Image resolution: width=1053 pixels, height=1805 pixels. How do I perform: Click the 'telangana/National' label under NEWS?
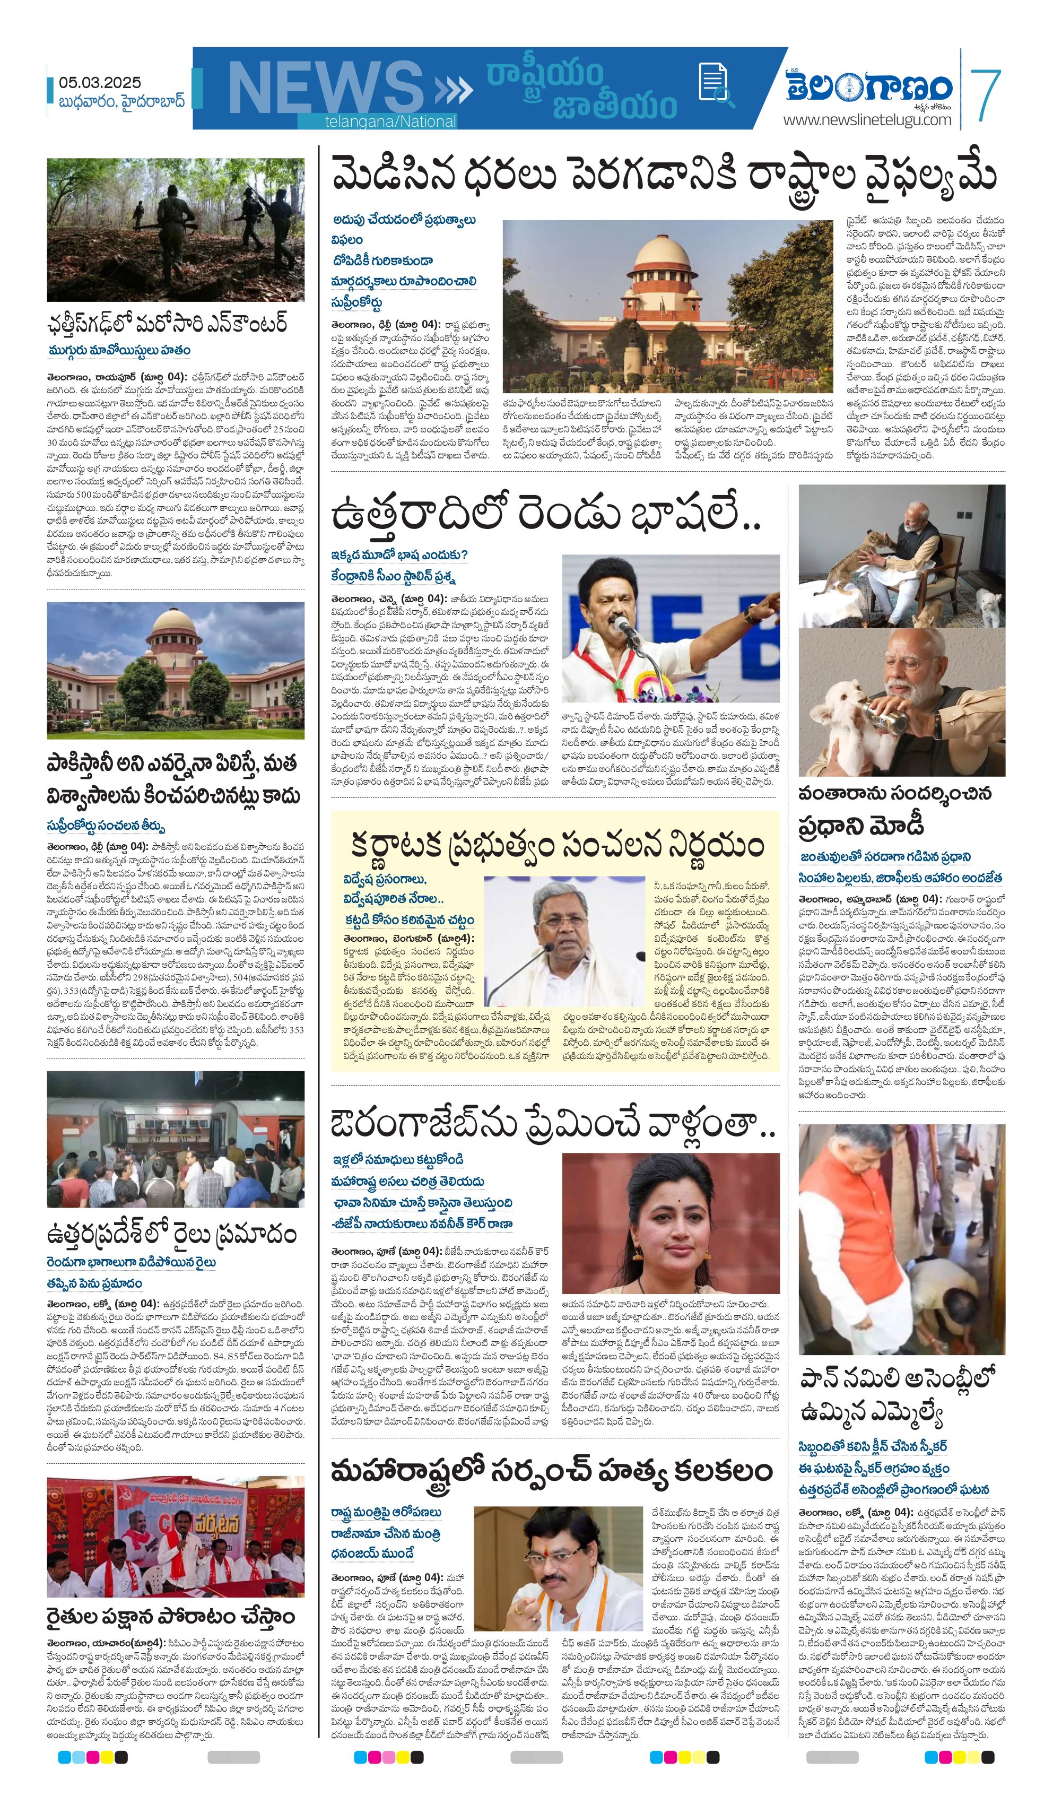pyautogui.click(x=390, y=122)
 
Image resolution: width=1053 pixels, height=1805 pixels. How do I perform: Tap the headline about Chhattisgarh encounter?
pyautogui.click(x=168, y=323)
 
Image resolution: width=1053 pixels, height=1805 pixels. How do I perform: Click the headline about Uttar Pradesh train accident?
pyautogui.click(x=171, y=1235)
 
